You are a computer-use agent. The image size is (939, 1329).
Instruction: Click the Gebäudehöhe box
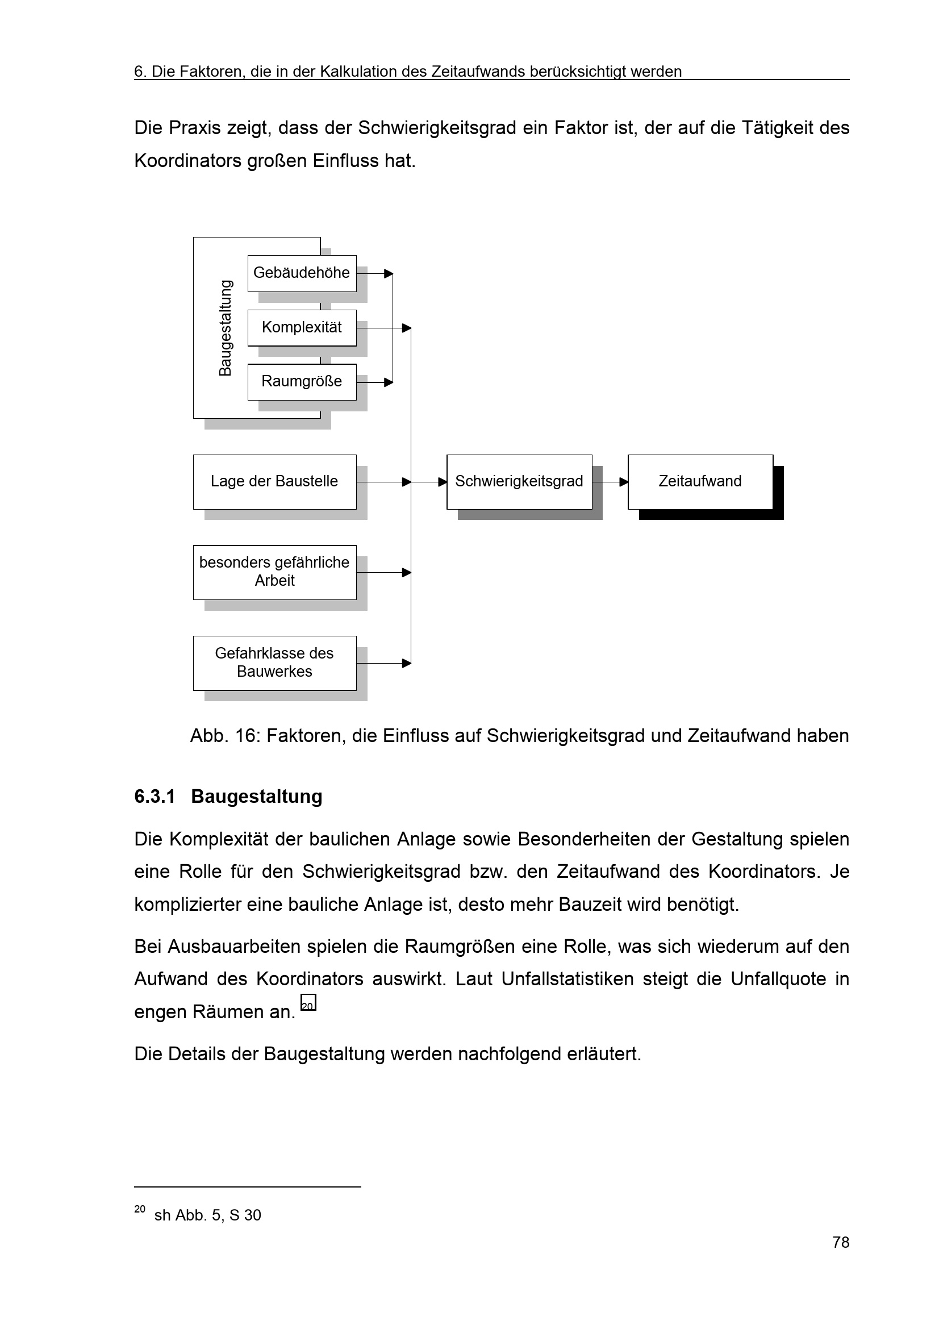(x=302, y=273)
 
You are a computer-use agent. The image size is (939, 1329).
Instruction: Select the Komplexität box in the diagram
(x=302, y=328)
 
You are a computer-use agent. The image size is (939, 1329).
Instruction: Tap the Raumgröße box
(x=302, y=381)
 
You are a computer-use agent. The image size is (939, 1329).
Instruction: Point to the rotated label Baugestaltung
(x=226, y=328)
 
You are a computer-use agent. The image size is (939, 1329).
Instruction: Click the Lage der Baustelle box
(x=274, y=482)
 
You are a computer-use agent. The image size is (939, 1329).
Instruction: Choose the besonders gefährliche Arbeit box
(x=274, y=572)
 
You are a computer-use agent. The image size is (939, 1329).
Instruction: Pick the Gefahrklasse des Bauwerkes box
(x=274, y=663)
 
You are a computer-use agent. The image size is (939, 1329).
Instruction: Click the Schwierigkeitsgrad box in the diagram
(x=519, y=482)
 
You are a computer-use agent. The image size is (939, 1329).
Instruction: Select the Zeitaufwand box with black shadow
(x=700, y=482)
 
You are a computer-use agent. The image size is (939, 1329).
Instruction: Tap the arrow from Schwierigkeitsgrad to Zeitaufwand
(x=611, y=482)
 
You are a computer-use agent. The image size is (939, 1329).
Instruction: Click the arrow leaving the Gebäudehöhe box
(x=375, y=273)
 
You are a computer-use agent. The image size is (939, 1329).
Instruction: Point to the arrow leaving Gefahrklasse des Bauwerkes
(x=384, y=663)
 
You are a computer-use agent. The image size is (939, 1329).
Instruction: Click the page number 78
(x=841, y=1242)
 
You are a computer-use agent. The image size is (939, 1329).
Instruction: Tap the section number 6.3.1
(x=155, y=797)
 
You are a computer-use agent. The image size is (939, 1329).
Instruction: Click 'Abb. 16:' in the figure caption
(x=225, y=736)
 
